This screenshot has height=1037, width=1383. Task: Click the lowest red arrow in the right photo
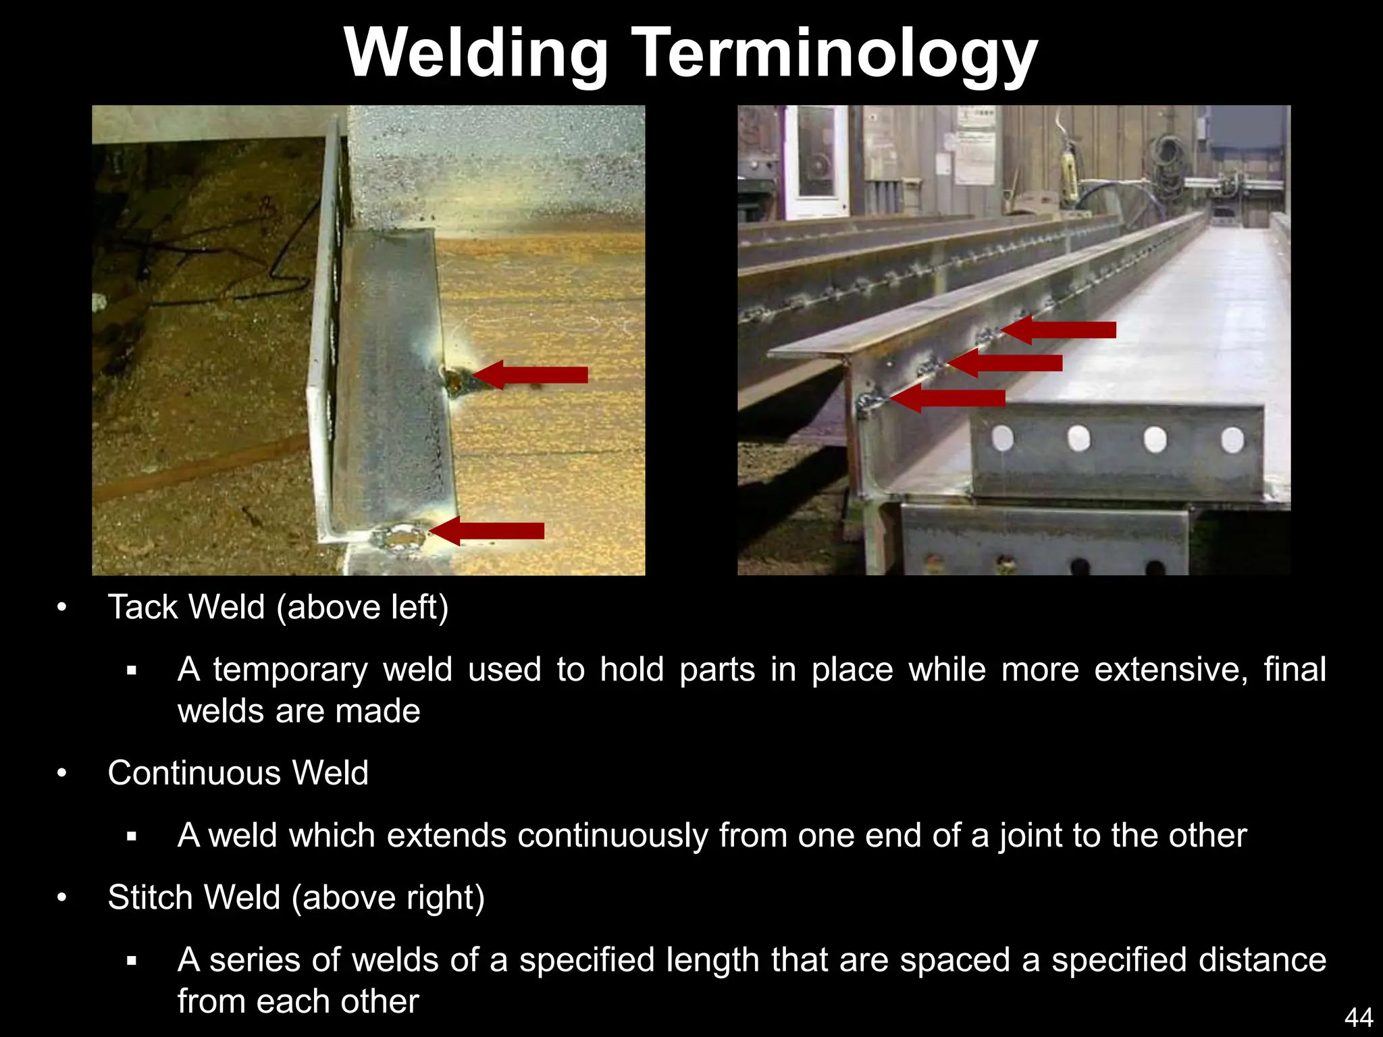pos(948,398)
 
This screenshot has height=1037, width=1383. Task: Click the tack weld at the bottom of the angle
pos(399,538)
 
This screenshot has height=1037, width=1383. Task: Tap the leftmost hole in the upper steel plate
pos(1003,439)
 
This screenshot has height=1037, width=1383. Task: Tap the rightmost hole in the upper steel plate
pos(1232,440)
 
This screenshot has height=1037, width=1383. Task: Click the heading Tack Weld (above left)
pos(278,606)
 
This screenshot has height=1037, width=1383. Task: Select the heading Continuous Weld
pos(238,772)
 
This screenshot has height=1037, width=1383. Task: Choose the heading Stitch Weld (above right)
pos(296,897)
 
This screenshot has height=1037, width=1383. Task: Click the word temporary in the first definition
pos(290,670)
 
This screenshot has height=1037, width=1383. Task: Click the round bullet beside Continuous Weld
pos(62,773)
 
